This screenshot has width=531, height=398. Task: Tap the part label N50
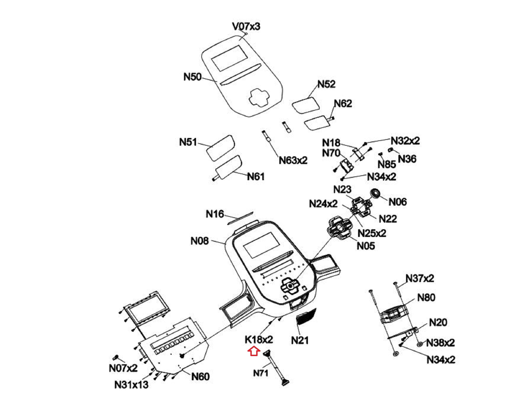point(193,77)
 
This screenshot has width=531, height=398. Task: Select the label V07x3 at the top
point(246,27)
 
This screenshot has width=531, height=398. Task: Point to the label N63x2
point(293,160)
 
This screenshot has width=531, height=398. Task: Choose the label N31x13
point(131,384)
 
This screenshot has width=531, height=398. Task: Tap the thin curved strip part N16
point(240,218)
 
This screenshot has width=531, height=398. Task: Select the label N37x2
point(420,278)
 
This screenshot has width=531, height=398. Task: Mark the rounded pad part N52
point(305,105)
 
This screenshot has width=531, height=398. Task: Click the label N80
point(426,297)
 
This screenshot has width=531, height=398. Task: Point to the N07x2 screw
point(115,357)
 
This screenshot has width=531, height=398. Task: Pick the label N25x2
point(372,233)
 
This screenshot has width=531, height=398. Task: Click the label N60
point(200,377)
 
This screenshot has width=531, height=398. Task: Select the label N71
point(261,373)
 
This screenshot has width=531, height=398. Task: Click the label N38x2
point(441,343)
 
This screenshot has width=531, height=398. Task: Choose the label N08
point(200,241)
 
